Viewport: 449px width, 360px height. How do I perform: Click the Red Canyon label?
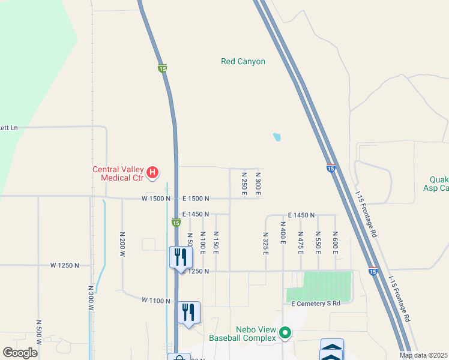pyautogui.click(x=243, y=61)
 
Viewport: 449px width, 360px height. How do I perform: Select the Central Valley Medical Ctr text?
pyautogui.click(x=118, y=173)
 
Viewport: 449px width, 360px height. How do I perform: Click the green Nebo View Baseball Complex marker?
pyautogui.click(x=285, y=332)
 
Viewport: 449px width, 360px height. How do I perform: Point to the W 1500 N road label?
pyautogui.click(x=156, y=198)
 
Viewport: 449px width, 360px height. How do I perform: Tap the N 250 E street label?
pyautogui.click(x=244, y=183)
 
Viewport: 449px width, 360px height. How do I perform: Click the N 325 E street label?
pyautogui.click(x=265, y=243)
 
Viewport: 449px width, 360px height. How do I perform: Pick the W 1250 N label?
pyautogui.click(x=65, y=265)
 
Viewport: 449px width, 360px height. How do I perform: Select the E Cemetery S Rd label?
pyautogui.click(x=316, y=304)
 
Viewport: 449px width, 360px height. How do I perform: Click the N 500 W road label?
pyautogui.click(x=38, y=332)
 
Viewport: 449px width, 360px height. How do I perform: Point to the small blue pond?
pyautogui.click(x=276, y=137)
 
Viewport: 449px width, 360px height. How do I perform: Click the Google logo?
pyautogui.click(x=20, y=353)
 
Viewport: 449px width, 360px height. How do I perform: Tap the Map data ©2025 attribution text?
pyautogui.click(x=423, y=355)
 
